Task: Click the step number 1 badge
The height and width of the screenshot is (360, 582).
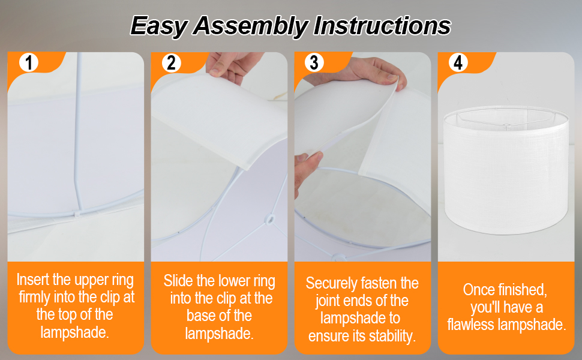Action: tap(29, 62)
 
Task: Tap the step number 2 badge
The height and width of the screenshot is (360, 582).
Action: tap(171, 62)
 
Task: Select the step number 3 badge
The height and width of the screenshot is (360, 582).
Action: tap(314, 62)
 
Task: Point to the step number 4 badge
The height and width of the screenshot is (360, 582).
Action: tap(458, 62)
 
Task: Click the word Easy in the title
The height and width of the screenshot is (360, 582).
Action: tap(159, 26)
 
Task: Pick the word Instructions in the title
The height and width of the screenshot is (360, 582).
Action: tap(382, 25)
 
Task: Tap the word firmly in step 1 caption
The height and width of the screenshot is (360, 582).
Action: tap(35, 297)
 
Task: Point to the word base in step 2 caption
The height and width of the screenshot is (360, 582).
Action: tap(200, 316)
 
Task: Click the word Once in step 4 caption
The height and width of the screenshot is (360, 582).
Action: tap(478, 289)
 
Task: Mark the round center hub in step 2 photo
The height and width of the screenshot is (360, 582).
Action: tap(270, 220)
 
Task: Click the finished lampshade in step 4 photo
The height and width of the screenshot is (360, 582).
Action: tap(506, 170)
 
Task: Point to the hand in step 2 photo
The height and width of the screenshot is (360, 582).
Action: tap(233, 67)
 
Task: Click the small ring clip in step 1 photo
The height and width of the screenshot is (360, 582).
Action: tap(77, 214)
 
